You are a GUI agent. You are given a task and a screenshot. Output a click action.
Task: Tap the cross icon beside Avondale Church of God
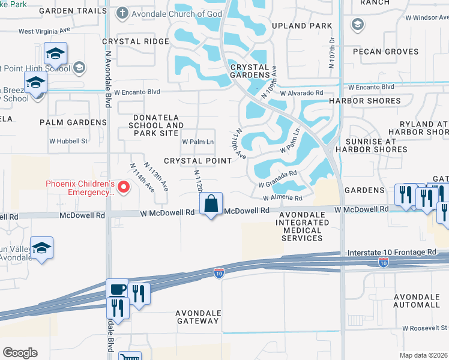coord(122,13)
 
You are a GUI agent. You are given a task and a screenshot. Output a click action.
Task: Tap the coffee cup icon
coord(118,289)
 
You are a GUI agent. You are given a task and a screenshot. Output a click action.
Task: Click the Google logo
coord(20,353)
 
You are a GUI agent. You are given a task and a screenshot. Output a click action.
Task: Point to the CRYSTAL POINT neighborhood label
coord(197,161)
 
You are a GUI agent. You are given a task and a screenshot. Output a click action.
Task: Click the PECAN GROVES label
coord(385,52)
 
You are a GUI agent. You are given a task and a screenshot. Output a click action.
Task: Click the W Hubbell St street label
coord(68,142)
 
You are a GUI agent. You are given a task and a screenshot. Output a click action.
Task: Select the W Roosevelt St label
coord(425,328)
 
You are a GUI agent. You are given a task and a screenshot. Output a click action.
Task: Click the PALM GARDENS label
coord(73,122)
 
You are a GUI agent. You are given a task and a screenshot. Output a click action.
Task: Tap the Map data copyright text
coord(423,355)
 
